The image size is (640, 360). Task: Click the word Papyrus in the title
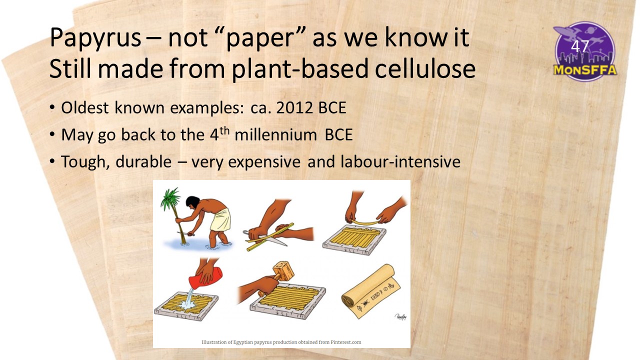point(95,37)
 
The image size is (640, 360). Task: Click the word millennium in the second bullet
point(275,134)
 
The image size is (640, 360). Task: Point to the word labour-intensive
point(400,161)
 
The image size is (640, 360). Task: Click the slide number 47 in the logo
point(580,46)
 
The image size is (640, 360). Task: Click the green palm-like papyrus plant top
point(170,197)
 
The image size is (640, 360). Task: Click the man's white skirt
point(221,220)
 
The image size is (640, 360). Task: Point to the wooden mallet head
point(283,271)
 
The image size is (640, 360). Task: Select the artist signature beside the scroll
point(400,316)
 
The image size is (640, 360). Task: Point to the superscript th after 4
point(224,130)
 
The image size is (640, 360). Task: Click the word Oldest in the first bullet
point(84,107)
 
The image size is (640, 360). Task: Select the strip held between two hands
point(365,222)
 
